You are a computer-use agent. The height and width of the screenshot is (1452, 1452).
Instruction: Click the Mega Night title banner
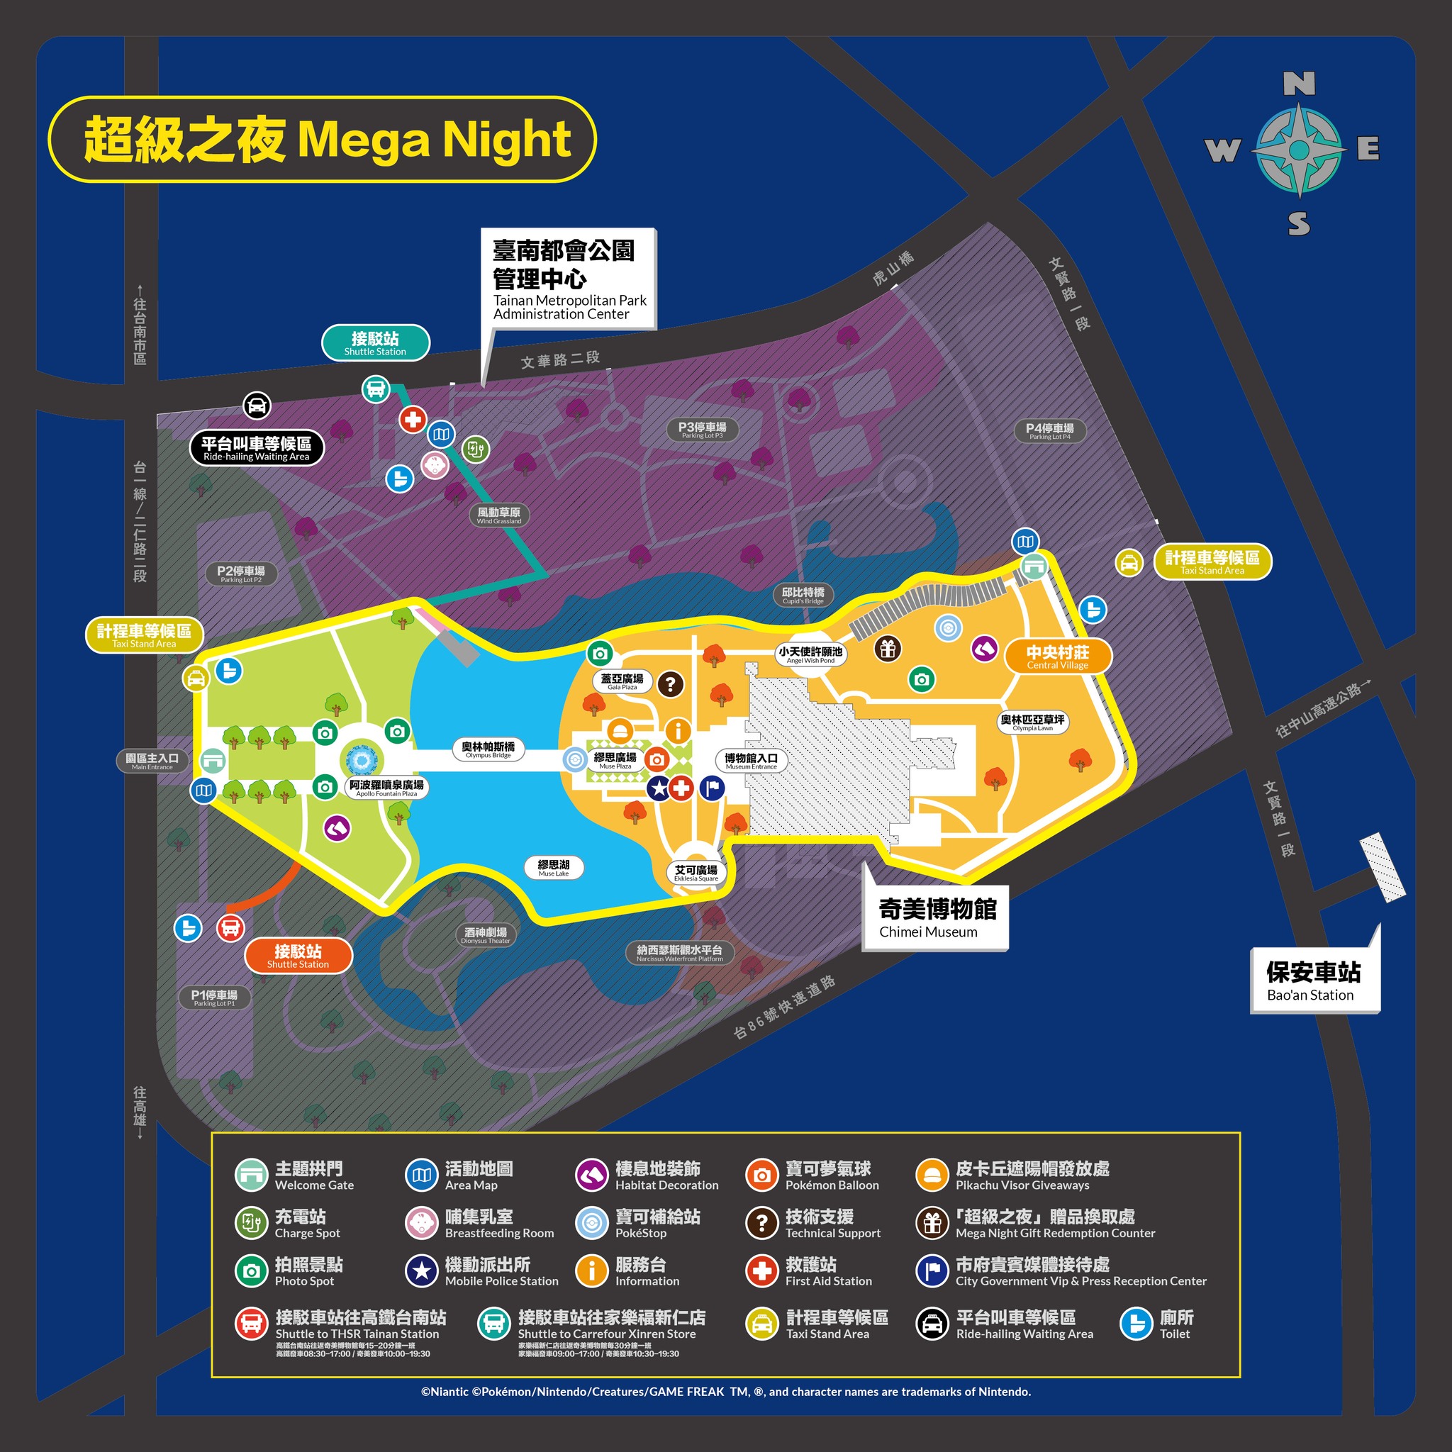pyautogui.click(x=323, y=139)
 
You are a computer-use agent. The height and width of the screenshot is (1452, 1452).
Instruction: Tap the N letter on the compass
pyautogui.click(x=1299, y=84)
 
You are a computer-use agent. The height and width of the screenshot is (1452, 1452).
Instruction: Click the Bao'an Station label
pyautogui.click(x=1314, y=981)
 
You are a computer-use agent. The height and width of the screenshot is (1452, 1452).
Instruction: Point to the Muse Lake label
pyautogui.click(x=554, y=867)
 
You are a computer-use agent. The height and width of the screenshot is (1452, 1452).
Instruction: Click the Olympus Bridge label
pyautogui.click(x=488, y=749)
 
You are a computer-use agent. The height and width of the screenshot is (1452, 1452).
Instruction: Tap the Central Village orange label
pyautogui.click(x=1057, y=657)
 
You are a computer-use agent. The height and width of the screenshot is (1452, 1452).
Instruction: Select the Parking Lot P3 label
pyautogui.click(x=702, y=430)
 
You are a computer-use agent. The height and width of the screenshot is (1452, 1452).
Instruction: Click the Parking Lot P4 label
pyautogui.click(x=1050, y=430)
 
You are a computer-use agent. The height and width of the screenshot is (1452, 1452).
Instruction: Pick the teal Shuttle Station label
pyautogui.click(x=375, y=342)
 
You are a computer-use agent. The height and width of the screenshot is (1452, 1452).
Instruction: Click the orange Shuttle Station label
pyautogui.click(x=298, y=955)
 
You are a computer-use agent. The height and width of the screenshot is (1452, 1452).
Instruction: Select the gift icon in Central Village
pyautogui.click(x=888, y=649)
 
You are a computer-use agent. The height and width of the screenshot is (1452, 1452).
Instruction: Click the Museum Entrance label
pyautogui.click(x=751, y=761)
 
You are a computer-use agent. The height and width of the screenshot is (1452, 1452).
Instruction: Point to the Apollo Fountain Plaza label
pyautogui.click(x=386, y=787)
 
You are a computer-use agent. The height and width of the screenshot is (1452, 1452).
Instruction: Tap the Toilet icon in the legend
pyautogui.click(x=1137, y=1324)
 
